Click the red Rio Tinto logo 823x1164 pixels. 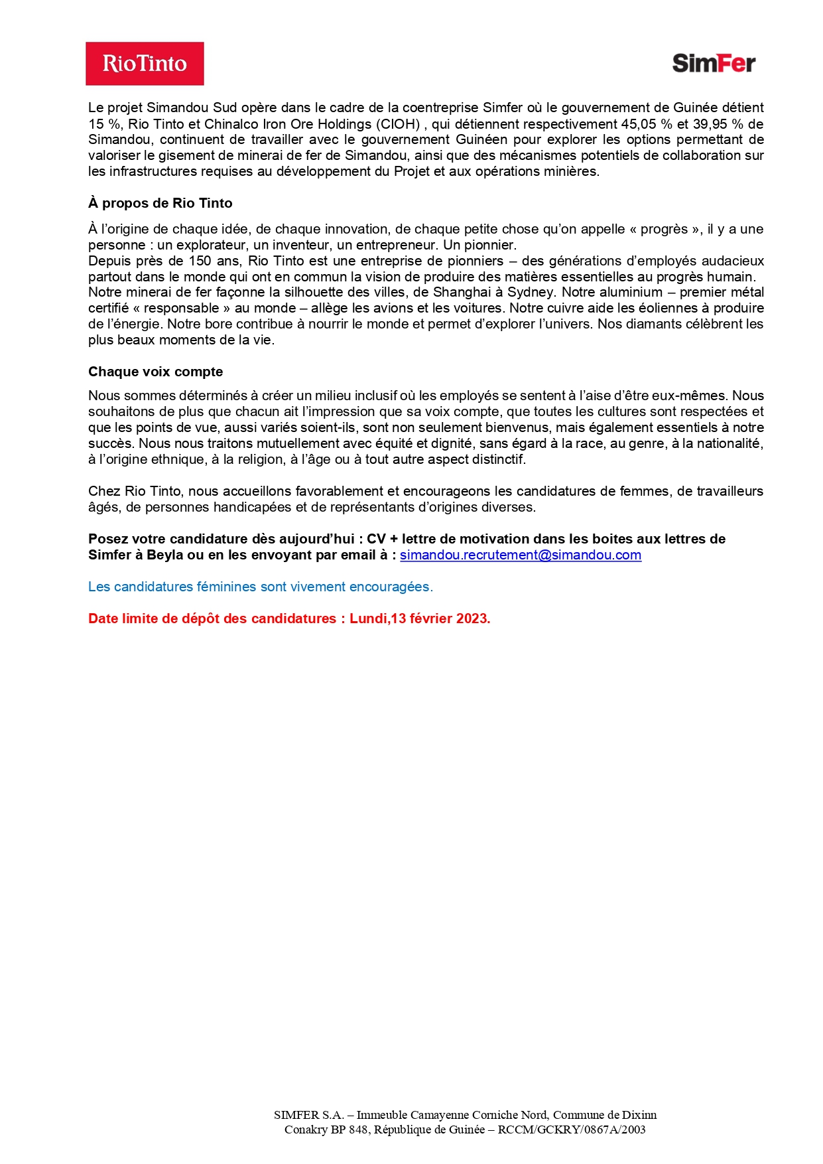pos(145,64)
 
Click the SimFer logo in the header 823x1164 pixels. pos(714,63)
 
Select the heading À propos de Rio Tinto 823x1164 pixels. pos(160,203)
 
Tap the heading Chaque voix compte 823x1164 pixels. pos(155,372)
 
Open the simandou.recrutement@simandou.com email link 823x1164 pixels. pos(521,555)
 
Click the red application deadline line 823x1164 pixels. pos(289,618)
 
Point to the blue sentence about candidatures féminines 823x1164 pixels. pos(260,587)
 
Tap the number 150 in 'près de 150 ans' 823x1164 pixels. pos(200,261)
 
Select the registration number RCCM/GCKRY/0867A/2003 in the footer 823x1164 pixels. pos(572,1129)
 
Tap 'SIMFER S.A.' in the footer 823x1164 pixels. pos(308,1115)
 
